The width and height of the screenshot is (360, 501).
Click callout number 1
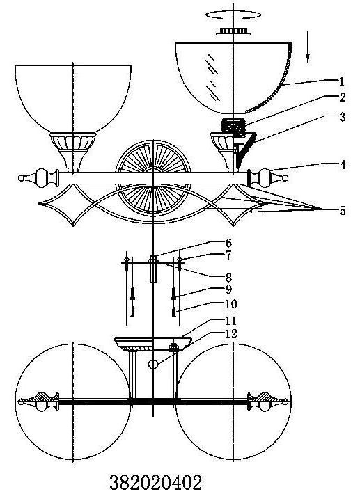(x=342, y=81)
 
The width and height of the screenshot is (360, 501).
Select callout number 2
(x=342, y=97)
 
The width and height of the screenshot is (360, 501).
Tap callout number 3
(x=342, y=118)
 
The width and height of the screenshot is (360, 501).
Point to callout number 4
(x=343, y=165)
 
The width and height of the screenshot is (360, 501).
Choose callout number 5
(x=343, y=211)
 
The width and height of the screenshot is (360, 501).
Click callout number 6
(x=228, y=243)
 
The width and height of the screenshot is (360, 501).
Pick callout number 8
(x=228, y=277)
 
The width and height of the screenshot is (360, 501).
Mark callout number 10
(x=231, y=304)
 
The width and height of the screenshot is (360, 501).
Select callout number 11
(x=230, y=321)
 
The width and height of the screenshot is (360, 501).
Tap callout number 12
(x=231, y=334)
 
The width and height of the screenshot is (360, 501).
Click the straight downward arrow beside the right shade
(x=308, y=47)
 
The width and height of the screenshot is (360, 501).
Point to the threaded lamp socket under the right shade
(x=233, y=127)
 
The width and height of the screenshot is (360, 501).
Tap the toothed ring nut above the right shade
(x=233, y=31)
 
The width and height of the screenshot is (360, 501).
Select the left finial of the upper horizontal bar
(x=38, y=177)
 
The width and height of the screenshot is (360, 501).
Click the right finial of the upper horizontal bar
(x=268, y=178)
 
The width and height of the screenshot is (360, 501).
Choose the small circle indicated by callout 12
(x=153, y=364)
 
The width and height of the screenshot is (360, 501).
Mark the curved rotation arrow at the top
(x=233, y=15)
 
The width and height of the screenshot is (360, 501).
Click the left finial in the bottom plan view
(x=39, y=401)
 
